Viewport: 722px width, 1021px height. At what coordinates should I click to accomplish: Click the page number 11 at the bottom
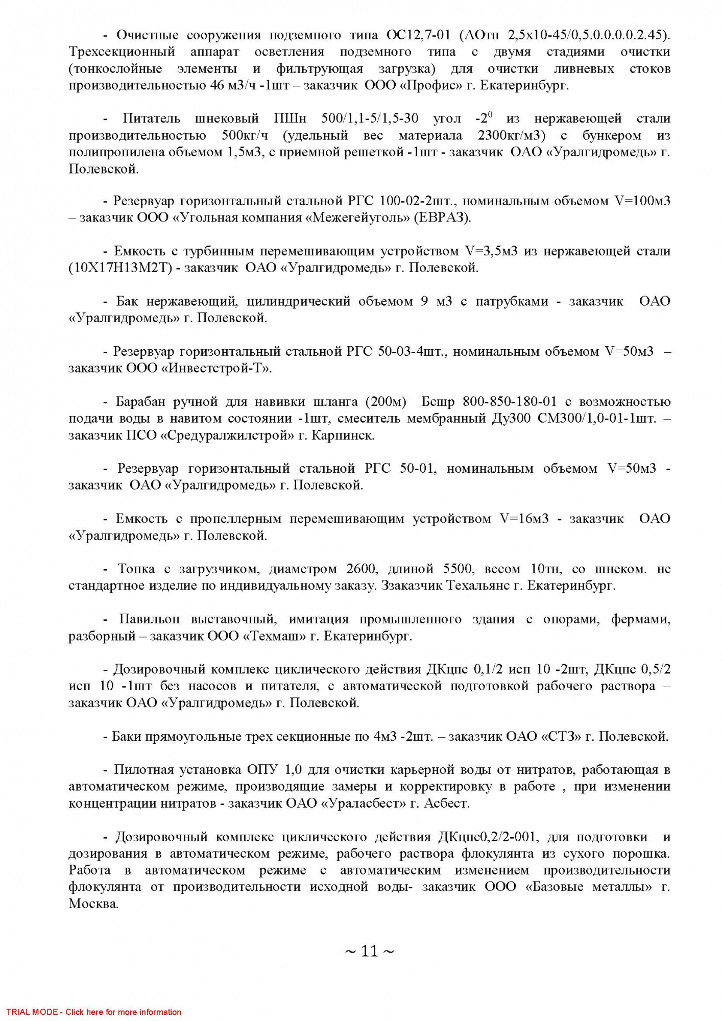(x=369, y=951)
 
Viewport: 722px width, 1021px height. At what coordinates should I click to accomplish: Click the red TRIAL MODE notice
(x=93, y=1012)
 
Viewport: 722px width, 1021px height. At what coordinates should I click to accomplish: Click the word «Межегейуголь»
(x=358, y=217)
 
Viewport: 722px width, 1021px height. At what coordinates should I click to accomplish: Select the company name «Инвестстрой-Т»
(x=216, y=368)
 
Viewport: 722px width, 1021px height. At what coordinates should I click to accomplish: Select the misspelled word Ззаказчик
(x=412, y=586)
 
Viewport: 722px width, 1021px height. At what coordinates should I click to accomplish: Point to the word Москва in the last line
(x=93, y=904)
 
